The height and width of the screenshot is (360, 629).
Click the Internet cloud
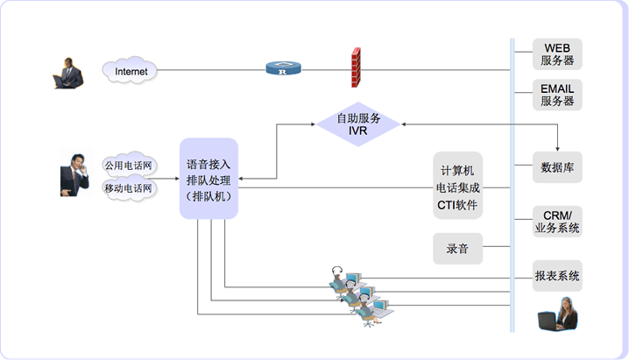click(131, 70)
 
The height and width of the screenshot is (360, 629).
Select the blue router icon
click(283, 69)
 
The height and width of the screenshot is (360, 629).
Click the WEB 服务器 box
click(557, 54)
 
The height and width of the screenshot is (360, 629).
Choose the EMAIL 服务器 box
click(557, 95)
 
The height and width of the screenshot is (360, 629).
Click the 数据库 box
click(557, 166)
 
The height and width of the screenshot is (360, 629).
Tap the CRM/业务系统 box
click(557, 222)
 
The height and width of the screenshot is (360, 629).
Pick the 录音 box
click(457, 249)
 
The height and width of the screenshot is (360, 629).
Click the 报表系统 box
click(557, 276)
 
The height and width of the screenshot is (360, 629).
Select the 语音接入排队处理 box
click(208, 179)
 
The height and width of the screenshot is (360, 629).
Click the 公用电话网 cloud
click(128, 165)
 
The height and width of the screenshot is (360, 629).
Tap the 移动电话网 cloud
click(128, 187)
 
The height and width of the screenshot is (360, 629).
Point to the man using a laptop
click(67, 74)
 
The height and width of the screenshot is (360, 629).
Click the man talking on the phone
click(74, 174)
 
